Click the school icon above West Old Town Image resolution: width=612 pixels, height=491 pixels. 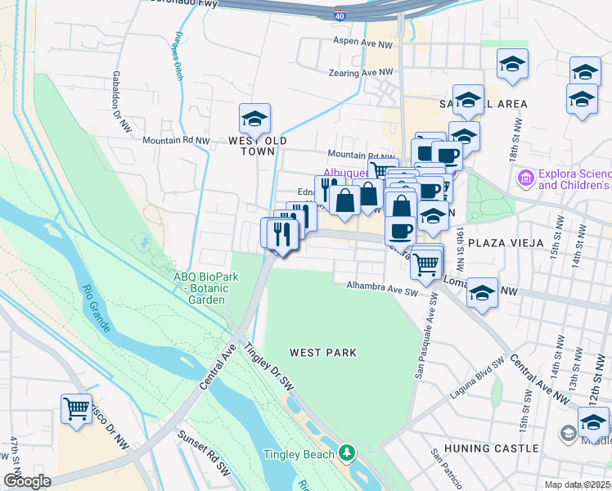click(254, 119)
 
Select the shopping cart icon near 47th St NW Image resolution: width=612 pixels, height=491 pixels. click(76, 408)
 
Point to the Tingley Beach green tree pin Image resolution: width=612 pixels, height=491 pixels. click(348, 453)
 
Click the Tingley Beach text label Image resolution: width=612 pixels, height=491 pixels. click(299, 454)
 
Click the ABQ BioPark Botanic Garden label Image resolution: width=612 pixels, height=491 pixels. click(205, 288)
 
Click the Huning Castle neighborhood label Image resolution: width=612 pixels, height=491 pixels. click(491, 448)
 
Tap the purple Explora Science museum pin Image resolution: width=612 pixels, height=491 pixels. click(524, 177)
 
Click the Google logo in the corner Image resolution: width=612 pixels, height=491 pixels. click(27, 481)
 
